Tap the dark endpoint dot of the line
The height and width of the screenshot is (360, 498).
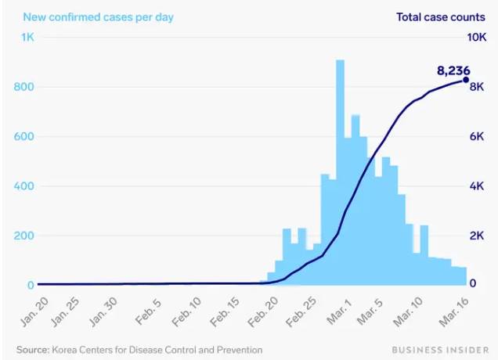[x=466, y=80]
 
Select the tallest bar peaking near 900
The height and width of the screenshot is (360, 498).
[x=340, y=172]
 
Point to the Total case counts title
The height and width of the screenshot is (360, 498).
[x=442, y=16]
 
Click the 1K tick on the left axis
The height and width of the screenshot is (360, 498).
[x=27, y=38]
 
